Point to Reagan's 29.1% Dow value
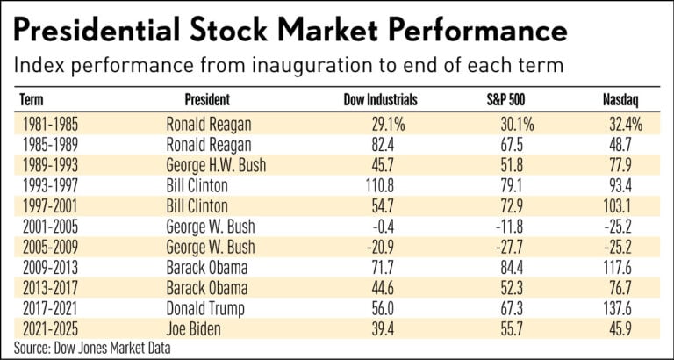(378, 124)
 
